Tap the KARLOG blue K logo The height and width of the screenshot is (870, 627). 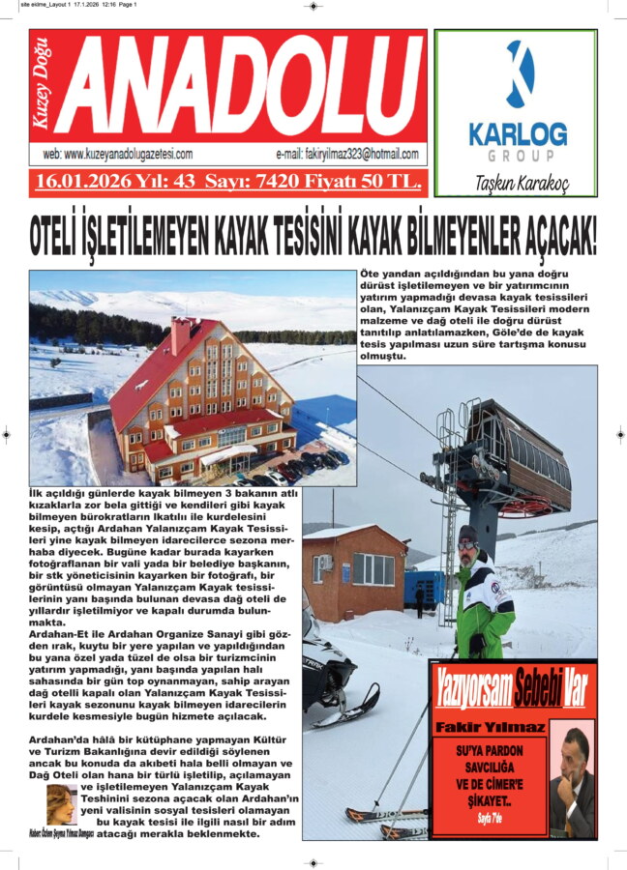tap(521, 74)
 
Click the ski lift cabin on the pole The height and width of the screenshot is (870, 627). tap(524, 454)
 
